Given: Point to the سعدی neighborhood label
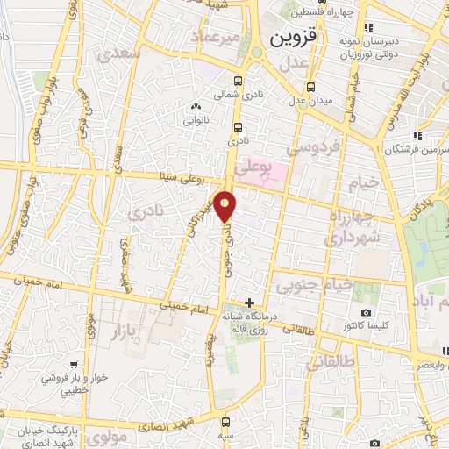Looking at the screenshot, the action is click(122, 55).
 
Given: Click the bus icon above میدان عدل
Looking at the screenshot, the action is click(311, 87).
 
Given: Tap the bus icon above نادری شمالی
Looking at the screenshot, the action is click(239, 76).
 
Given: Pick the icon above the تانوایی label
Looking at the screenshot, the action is click(194, 108).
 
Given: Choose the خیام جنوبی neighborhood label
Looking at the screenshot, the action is click(315, 285).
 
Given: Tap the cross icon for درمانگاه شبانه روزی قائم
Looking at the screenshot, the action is click(252, 302).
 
